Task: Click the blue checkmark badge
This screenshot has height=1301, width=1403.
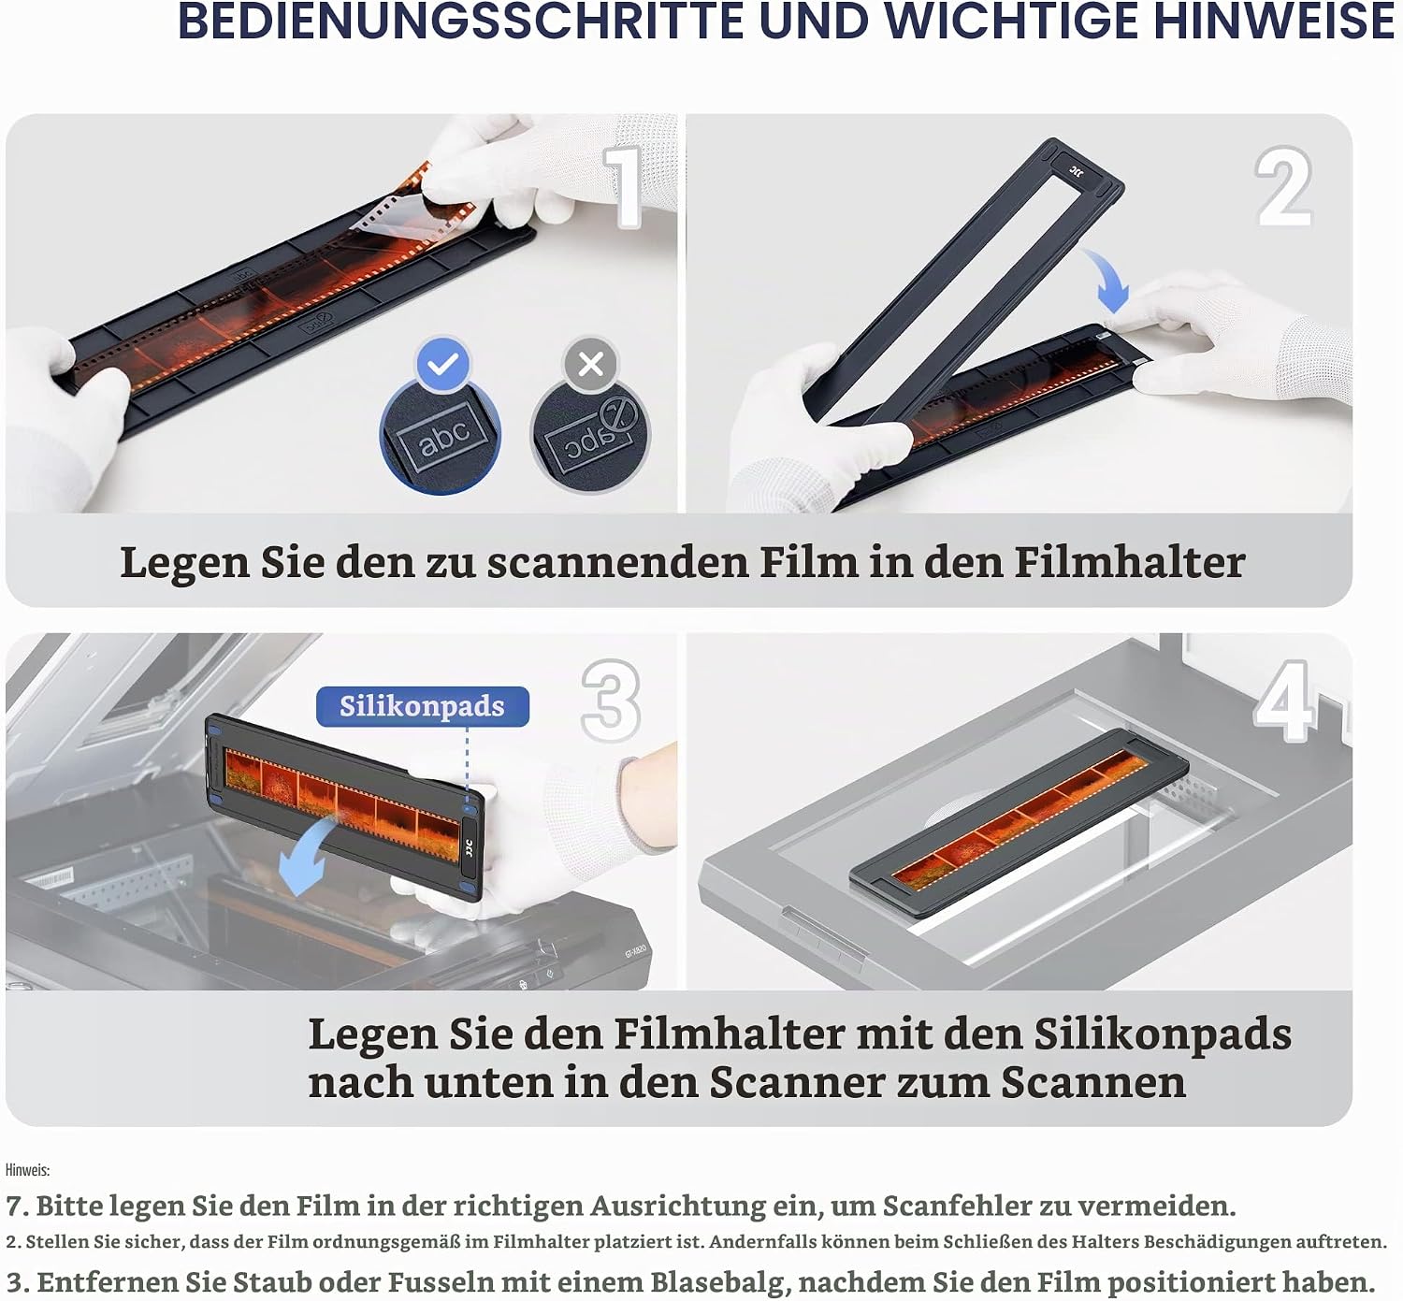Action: pyautogui.click(x=442, y=364)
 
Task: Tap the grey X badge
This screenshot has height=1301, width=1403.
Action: pyautogui.click(x=590, y=364)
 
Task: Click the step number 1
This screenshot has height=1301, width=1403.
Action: pyautogui.click(x=623, y=187)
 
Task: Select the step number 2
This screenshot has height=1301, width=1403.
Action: pyautogui.click(x=1283, y=186)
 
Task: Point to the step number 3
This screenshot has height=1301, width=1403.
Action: pyautogui.click(x=611, y=701)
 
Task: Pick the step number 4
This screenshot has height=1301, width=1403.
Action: pyautogui.click(x=1285, y=701)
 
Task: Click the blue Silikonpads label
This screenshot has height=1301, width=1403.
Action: pyautogui.click(x=423, y=706)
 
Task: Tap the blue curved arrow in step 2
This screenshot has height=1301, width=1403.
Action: pyautogui.click(x=1108, y=279)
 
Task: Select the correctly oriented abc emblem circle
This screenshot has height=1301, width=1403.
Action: pyautogui.click(x=441, y=435)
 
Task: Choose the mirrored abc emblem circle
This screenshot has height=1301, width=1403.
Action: pyautogui.click(x=590, y=435)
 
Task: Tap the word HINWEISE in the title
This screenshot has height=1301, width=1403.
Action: pyautogui.click(x=1274, y=22)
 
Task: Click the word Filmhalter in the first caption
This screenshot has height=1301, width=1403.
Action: pyautogui.click(x=1130, y=562)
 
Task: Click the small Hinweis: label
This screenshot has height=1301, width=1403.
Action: pyautogui.click(x=27, y=1170)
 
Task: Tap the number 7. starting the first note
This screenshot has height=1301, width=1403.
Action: pyautogui.click(x=17, y=1207)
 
